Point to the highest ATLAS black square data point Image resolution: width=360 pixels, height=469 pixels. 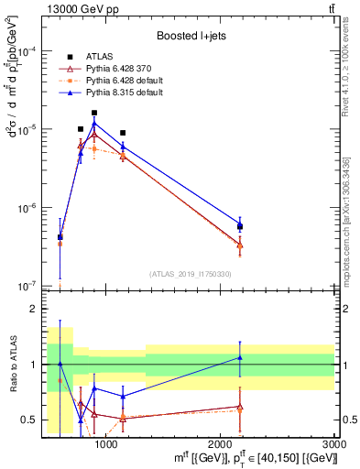(x=94, y=113)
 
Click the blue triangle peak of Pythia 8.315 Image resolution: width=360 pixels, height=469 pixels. (x=94, y=124)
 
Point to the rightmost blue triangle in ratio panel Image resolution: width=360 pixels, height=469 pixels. (x=240, y=357)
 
